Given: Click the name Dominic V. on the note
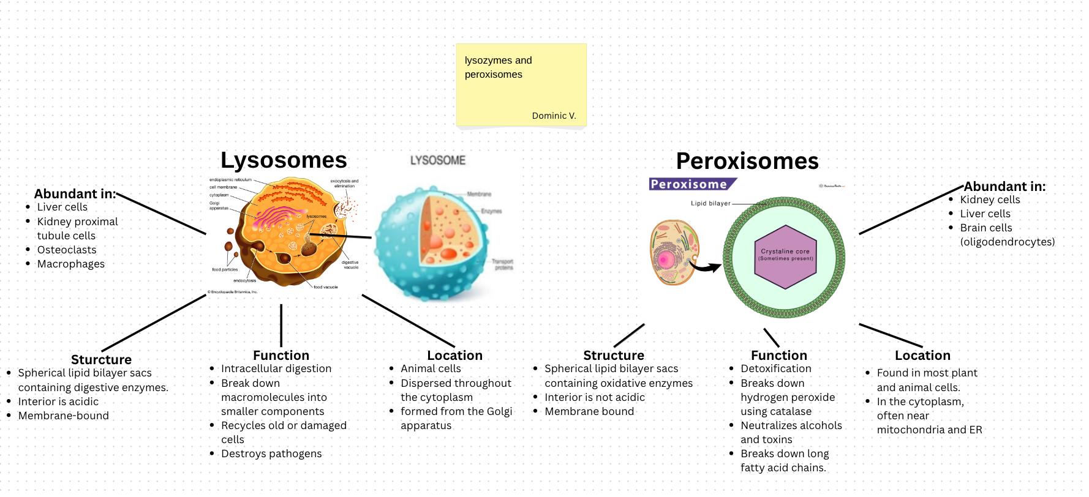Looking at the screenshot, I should (554, 116).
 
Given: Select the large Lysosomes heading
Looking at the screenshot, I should (284, 160).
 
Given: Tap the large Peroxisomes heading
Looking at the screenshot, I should (747, 162).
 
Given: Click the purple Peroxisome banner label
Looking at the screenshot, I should (690, 184).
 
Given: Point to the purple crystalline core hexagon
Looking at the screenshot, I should (786, 257).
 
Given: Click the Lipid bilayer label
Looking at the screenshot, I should (710, 203).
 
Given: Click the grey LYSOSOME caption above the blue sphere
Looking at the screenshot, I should (438, 160).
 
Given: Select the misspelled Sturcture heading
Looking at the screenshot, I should (101, 360).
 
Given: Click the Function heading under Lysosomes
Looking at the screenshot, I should (281, 356).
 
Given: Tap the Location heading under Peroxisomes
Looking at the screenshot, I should (922, 356).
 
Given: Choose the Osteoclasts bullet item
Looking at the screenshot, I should (67, 250).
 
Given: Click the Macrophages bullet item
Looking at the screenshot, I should (71, 264).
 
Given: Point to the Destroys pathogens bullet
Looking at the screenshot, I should (271, 454).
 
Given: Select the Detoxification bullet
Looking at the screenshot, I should (776, 368).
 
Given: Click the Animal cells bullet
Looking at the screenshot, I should (431, 368).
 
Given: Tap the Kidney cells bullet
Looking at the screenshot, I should (990, 200).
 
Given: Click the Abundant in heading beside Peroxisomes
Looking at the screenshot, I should (1004, 187).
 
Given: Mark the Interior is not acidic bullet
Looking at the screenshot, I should (595, 397).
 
